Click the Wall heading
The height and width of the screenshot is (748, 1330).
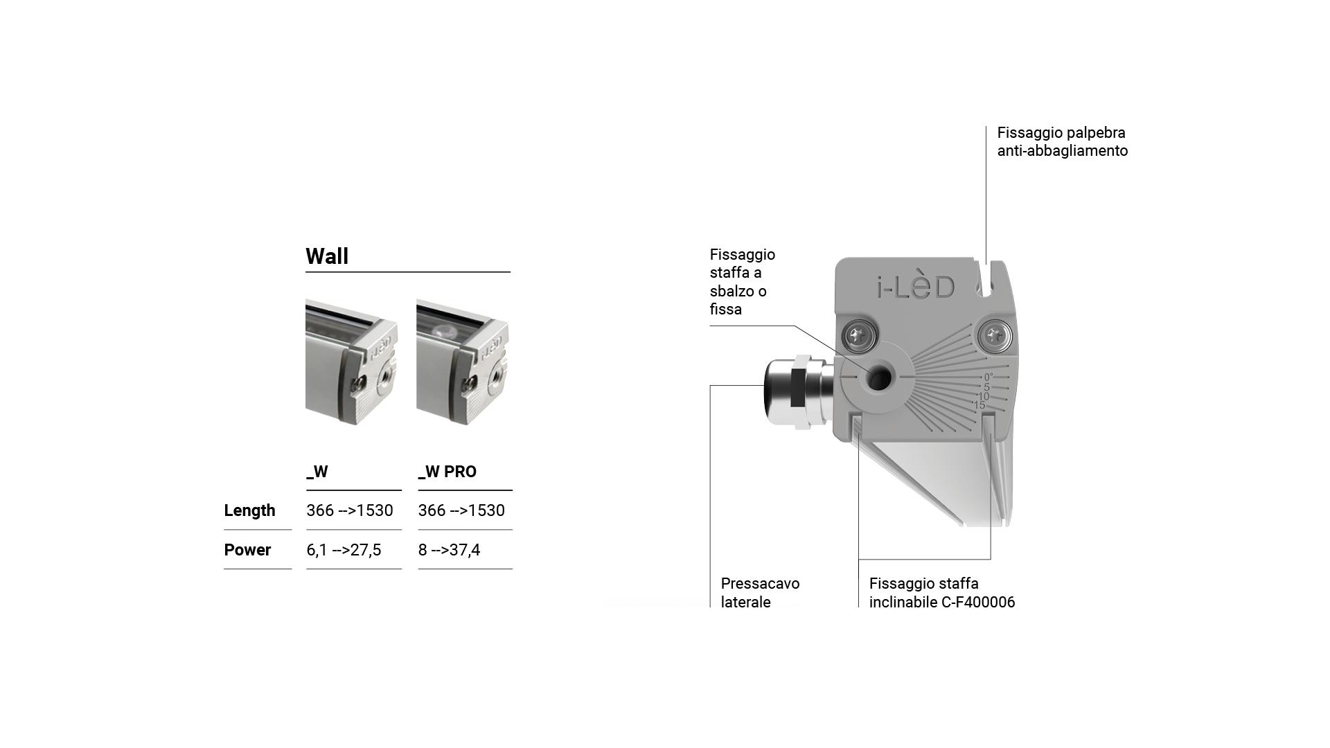pyautogui.click(x=327, y=256)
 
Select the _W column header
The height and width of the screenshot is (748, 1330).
pyautogui.click(x=317, y=472)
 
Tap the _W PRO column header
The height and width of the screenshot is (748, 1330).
pyautogui.click(x=447, y=472)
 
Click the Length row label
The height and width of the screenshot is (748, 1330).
pyautogui.click(x=249, y=510)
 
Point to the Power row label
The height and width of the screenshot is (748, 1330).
pyautogui.click(x=247, y=550)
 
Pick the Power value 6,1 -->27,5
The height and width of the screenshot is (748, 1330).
pyautogui.click(x=344, y=550)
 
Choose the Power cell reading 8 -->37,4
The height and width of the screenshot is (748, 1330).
pyautogui.click(x=449, y=550)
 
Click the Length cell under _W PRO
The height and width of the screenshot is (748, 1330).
pyautogui.click(x=461, y=510)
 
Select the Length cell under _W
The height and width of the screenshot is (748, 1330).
pyautogui.click(x=350, y=510)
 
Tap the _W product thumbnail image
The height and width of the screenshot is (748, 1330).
pyautogui.click(x=351, y=362)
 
